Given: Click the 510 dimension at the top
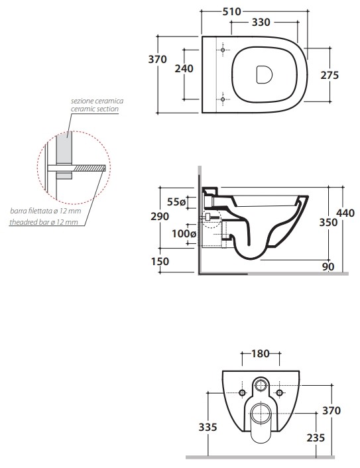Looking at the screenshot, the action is click(x=231, y=12).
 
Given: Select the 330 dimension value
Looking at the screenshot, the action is click(x=261, y=22).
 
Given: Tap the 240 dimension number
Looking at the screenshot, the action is click(x=184, y=69).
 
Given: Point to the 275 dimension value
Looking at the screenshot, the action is click(x=330, y=75).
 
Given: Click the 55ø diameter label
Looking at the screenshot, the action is click(x=176, y=202).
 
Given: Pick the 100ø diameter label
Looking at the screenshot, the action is click(x=184, y=234).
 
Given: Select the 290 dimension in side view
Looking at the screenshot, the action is click(x=160, y=216).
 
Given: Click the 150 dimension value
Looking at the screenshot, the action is click(x=160, y=261).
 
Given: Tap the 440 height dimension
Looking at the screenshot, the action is click(x=345, y=213).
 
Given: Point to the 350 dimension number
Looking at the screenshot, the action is click(x=328, y=222).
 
